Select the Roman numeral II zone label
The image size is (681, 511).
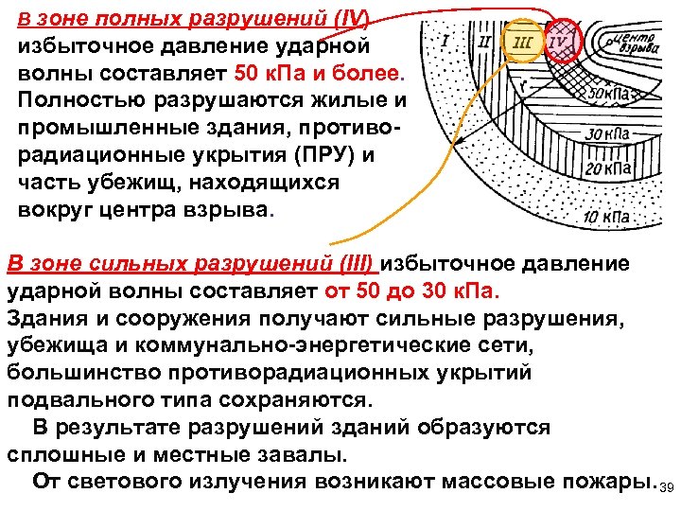point(484,43)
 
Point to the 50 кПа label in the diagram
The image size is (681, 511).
point(613,95)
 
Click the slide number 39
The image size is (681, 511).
point(666,488)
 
